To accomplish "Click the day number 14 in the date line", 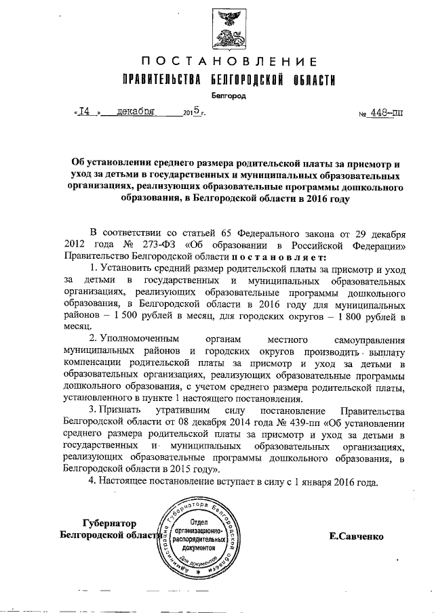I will [x=84, y=112].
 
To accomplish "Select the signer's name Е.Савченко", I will [x=355, y=536].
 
